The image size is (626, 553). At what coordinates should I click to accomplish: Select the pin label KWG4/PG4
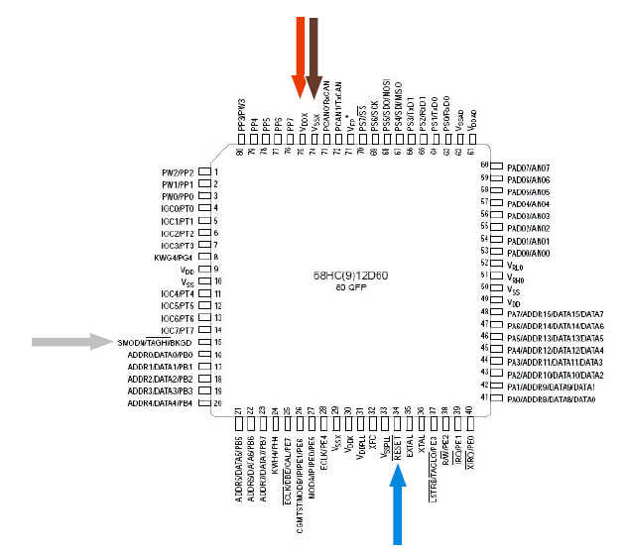[x=176, y=257]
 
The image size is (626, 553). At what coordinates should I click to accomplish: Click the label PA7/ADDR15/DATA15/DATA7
[x=555, y=314]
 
